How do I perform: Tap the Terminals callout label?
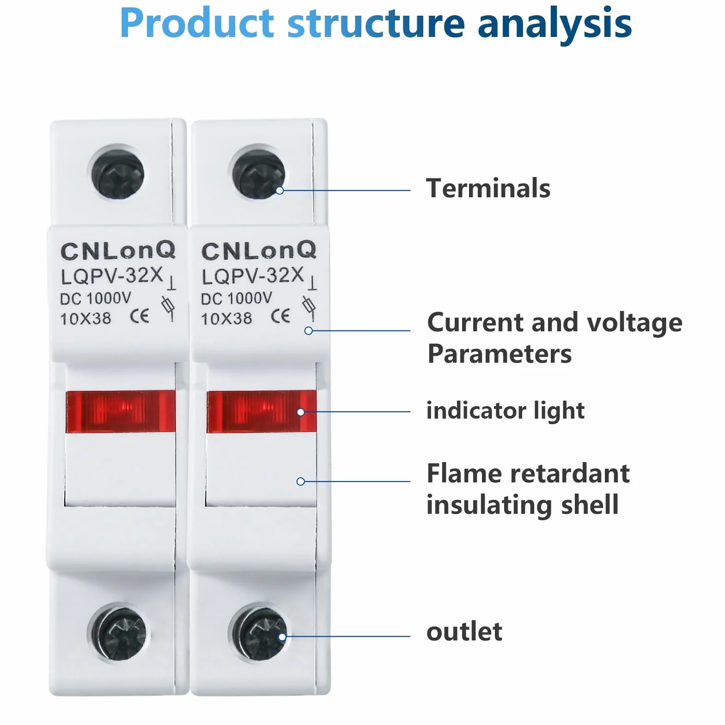488,188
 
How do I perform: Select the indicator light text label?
506,411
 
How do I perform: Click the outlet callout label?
464,632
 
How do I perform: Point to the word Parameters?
500,354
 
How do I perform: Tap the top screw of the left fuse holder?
118,174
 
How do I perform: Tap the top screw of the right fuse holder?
258,174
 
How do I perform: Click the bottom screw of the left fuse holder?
119,632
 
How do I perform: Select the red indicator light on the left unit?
121,411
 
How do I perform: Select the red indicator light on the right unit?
262,411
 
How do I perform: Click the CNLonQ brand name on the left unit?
118,251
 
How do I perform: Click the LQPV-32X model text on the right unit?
253,276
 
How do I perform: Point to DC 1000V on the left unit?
96,299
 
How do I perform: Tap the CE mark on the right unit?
280,316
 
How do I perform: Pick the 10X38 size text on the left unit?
85,318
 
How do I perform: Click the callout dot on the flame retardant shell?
300,481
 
